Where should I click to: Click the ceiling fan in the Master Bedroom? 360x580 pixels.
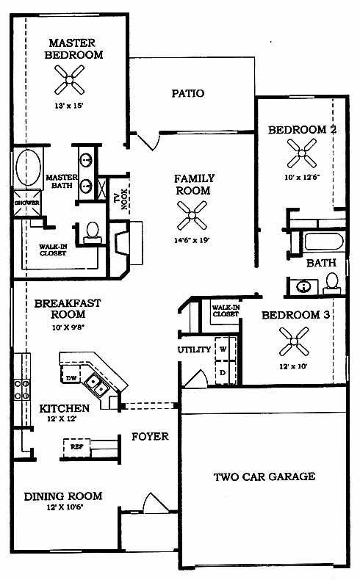[70, 79]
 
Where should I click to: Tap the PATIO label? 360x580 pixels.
[188, 93]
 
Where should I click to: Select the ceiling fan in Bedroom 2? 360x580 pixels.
[302, 153]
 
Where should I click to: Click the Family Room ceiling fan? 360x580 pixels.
[192, 215]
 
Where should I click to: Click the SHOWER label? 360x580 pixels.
[26, 203]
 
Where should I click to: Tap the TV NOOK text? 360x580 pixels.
[121, 200]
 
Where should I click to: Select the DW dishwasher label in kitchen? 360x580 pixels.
[71, 378]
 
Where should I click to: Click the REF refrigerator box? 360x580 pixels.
[76, 447]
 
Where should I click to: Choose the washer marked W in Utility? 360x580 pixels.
[223, 349]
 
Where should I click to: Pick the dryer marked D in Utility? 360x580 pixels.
[223, 372]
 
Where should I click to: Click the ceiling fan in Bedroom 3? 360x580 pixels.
[294, 341]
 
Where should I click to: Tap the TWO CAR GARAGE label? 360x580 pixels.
[264, 476]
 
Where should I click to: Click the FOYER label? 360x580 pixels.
[150, 437]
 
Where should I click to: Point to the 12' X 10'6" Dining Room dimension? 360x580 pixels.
[65, 507]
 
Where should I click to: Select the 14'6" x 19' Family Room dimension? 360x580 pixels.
[192, 240]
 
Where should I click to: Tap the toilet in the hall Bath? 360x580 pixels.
[332, 283]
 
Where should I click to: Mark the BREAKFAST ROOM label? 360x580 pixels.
[68, 309]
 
